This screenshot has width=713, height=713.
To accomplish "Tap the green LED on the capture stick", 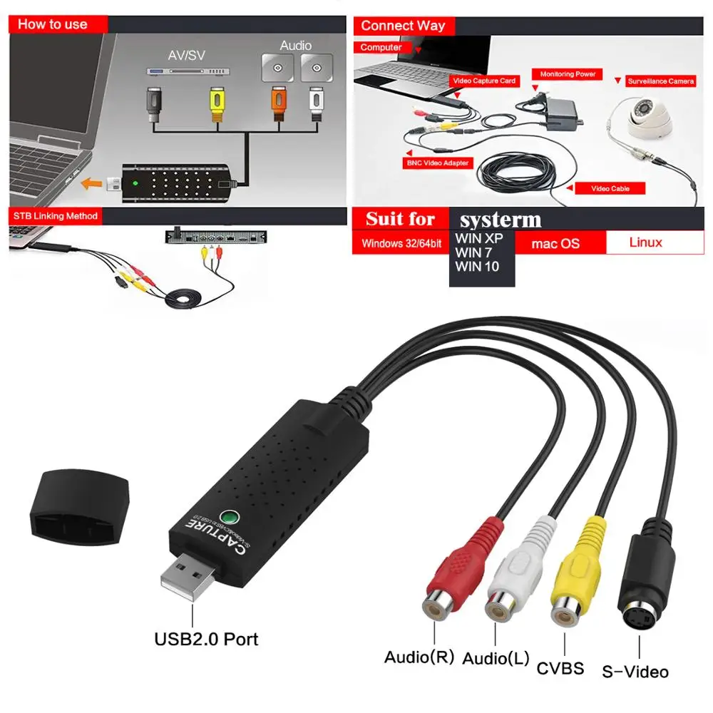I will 229,517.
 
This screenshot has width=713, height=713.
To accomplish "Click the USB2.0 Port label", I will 206,639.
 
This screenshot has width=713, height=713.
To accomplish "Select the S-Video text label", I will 635,672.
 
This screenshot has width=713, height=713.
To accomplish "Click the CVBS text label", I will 560,668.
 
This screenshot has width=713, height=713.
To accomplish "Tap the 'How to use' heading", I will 53,24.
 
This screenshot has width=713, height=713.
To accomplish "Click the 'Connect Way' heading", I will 403,26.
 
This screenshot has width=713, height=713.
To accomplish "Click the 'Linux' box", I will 645,242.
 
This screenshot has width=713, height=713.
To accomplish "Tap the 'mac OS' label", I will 555,243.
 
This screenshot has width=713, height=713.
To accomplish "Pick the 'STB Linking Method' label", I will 56,215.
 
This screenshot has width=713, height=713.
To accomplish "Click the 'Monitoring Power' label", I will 568,74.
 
